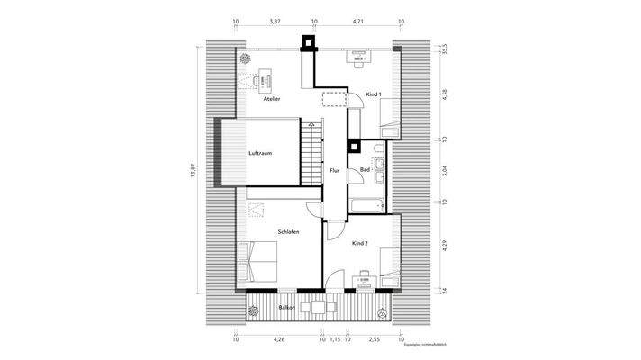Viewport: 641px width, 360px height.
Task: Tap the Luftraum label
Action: [261, 153]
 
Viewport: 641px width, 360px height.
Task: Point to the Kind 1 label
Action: [374, 94]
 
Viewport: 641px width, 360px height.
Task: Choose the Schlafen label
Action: [288, 232]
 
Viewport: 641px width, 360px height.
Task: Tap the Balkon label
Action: [286, 308]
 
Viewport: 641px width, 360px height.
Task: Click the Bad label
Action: [365, 169]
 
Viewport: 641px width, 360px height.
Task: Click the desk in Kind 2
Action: [366, 281]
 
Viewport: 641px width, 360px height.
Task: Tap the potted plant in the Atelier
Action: [246, 58]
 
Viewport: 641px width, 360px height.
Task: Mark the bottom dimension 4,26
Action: [278, 340]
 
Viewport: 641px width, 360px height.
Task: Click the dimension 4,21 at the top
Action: [357, 18]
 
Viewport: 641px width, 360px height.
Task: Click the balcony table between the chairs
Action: [318, 308]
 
